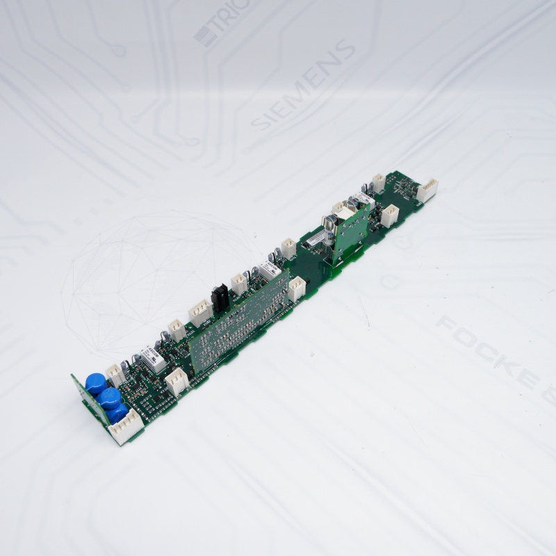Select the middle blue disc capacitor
point(108,398)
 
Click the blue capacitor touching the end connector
point(117,413)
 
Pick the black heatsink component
point(221,297)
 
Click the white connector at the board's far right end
point(427,190)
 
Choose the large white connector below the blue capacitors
point(126,428)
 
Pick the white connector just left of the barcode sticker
point(288,247)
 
